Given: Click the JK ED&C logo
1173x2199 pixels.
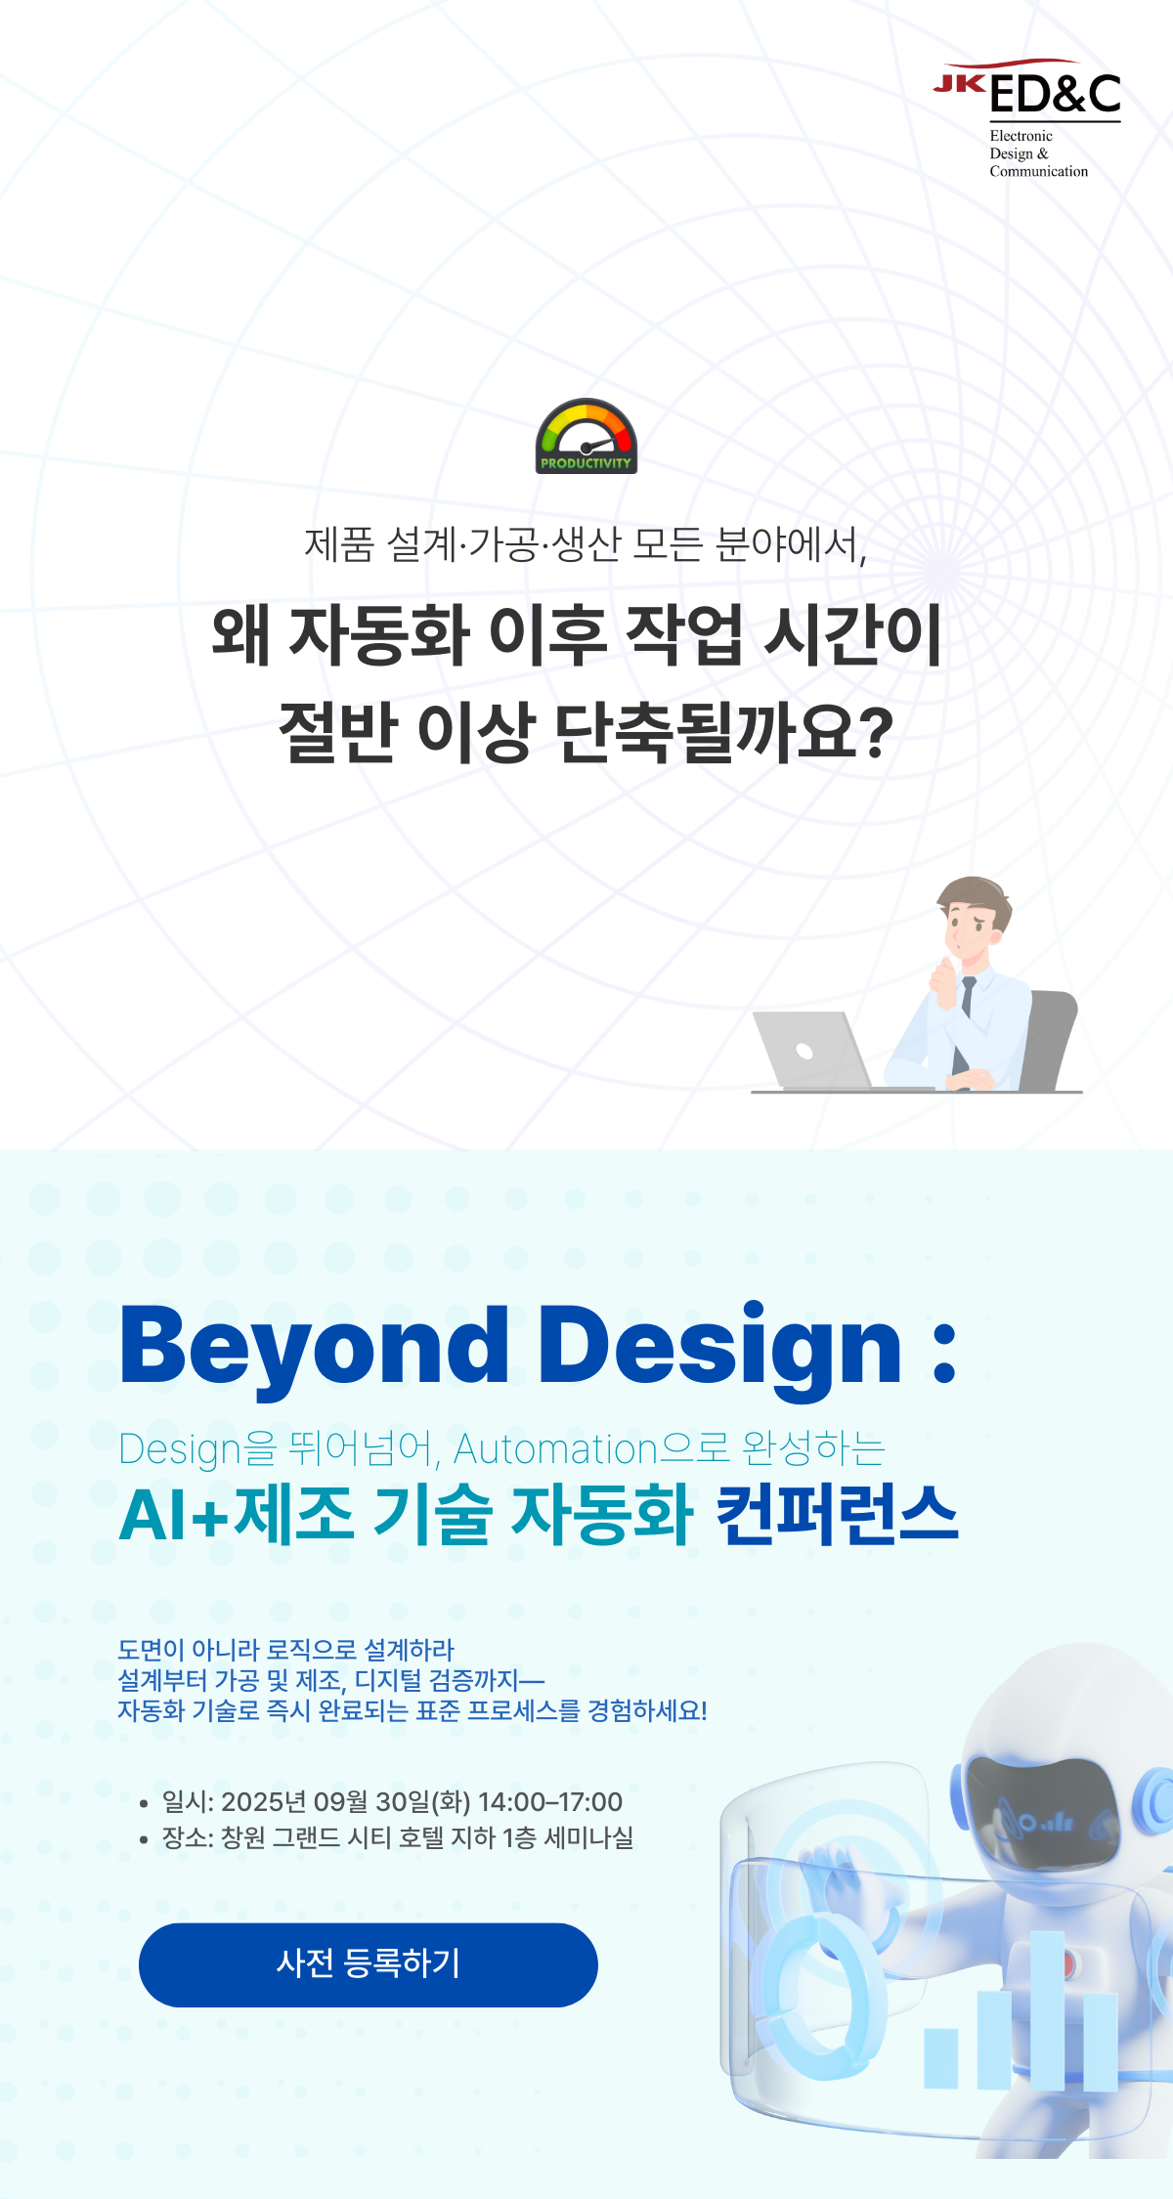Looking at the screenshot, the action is [x=1026, y=118].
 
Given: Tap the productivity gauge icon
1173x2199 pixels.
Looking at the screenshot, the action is [x=586, y=436].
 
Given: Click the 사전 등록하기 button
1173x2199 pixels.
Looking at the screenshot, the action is [x=368, y=1964].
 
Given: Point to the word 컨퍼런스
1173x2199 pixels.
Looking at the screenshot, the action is [x=837, y=1514].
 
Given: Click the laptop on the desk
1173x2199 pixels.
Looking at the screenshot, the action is [x=811, y=1051].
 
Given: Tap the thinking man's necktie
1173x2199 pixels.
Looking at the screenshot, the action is [x=966, y=1016].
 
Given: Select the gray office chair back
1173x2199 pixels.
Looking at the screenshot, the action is [x=1048, y=1040].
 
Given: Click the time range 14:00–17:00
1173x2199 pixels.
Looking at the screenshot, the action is [x=550, y=1801].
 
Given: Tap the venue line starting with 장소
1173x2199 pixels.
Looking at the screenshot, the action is [x=398, y=1837].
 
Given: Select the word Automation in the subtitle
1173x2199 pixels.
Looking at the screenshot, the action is [x=555, y=1449].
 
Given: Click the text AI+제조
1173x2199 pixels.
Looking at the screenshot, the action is [x=237, y=1514].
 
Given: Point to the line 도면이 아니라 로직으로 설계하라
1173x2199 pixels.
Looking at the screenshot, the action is [x=286, y=1650].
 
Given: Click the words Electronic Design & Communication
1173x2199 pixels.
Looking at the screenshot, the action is [x=1038, y=153].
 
